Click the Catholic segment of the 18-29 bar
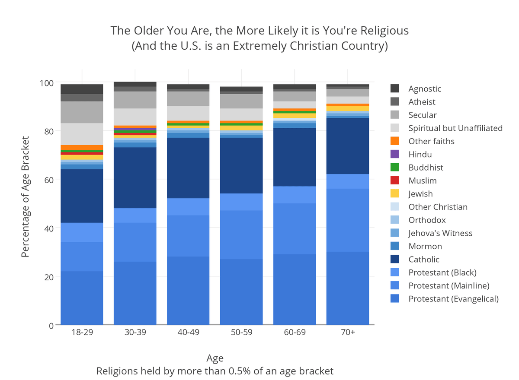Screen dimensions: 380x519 tap(82, 196)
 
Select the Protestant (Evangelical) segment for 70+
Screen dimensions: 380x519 tap(348, 288)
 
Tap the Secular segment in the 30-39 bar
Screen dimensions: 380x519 tap(135, 100)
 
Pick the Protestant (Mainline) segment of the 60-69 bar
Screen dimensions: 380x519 tap(295, 229)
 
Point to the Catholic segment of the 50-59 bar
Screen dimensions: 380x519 tap(241, 165)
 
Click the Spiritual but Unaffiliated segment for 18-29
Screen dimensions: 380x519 tap(82, 134)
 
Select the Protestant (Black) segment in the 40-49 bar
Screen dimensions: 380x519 tap(188, 207)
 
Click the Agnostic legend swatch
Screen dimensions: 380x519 tap(394, 89)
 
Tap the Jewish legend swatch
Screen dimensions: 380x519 tap(394, 194)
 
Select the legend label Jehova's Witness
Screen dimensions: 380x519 tap(440, 233)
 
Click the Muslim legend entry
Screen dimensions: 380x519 tap(422, 180)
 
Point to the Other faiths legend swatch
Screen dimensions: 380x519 tap(394, 141)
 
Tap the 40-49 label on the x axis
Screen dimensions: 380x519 tap(188, 333)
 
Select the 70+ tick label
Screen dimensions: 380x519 tap(348, 333)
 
